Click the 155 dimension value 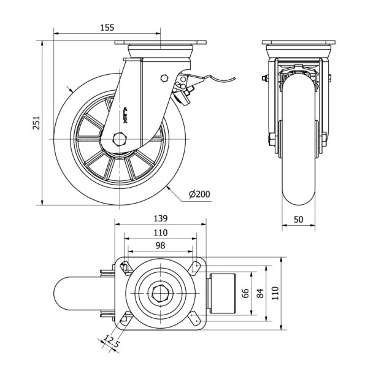[105, 28]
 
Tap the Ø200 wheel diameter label [200, 194]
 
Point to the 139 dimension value [159, 219]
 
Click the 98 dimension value [159, 245]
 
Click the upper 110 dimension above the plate [159, 232]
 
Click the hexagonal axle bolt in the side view [120, 139]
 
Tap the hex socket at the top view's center [160, 293]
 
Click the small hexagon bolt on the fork [164, 78]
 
